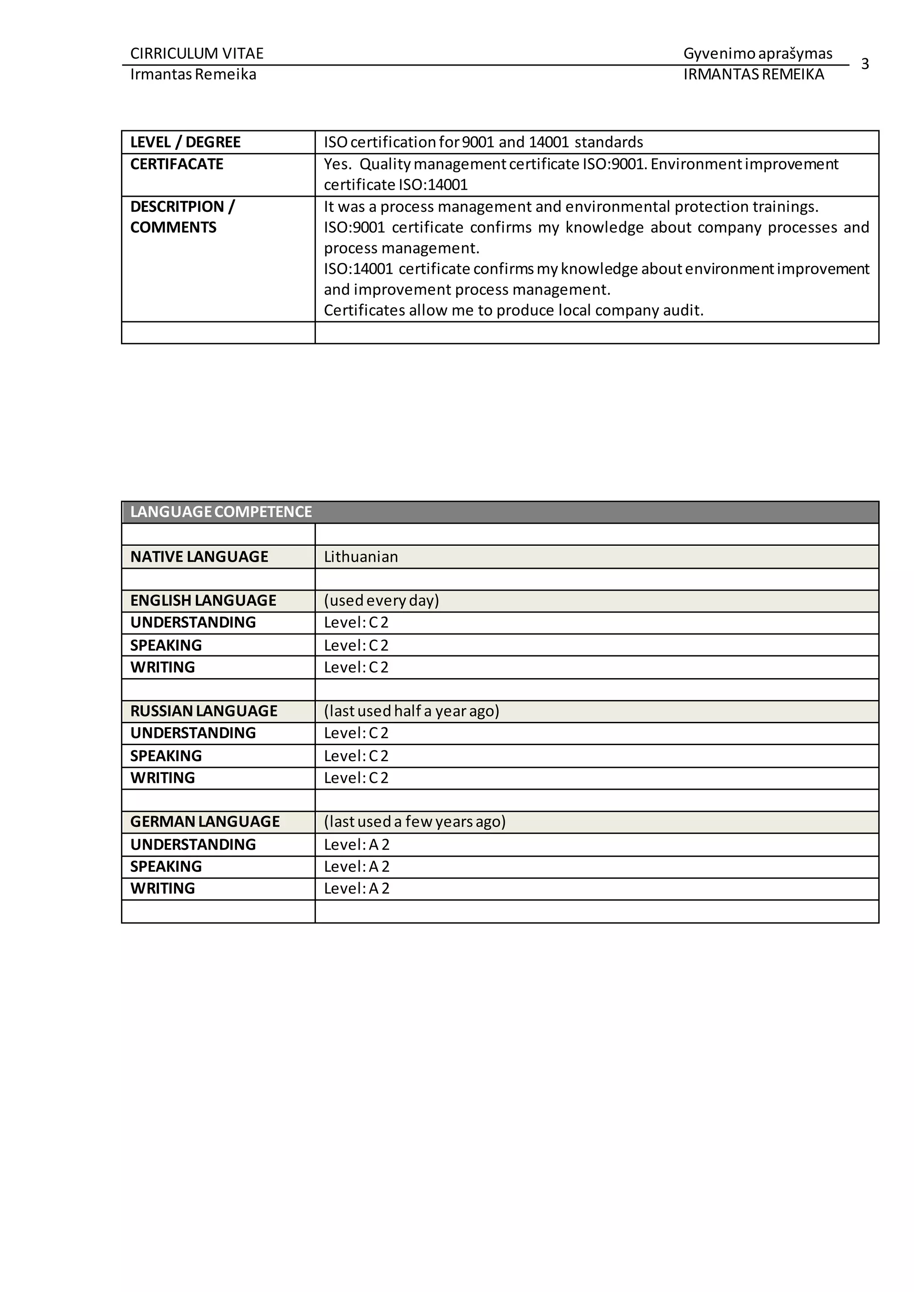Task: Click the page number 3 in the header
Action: (x=864, y=64)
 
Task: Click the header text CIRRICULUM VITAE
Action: (x=196, y=54)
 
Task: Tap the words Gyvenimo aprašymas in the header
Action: (x=757, y=54)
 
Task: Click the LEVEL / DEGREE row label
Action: (x=185, y=142)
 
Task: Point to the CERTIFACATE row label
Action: (x=177, y=164)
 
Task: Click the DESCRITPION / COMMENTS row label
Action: (x=183, y=217)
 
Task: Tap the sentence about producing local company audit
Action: (x=513, y=311)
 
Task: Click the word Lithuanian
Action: (x=361, y=556)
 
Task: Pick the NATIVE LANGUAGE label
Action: (x=199, y=556)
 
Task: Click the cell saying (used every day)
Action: (x=381, y=600)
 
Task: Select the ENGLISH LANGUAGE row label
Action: (x=203, y=600)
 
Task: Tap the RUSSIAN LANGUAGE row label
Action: (x=204, y=711)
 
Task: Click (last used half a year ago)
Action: (x=411, y=711)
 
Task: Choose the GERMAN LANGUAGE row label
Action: (x=205, y=822)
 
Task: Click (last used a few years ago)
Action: (x=414, y=822)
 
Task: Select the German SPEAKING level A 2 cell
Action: (x=356, y=866)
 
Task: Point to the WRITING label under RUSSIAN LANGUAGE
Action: (x=162, y=778)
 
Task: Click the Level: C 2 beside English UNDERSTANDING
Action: (x=356, y=622)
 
